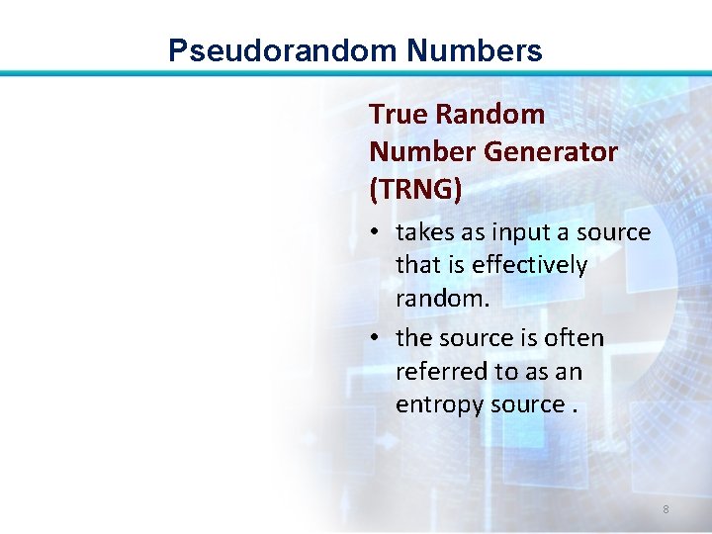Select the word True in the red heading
tap(398, 115)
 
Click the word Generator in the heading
tap(560, 152)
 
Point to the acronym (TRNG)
tap(415, 189)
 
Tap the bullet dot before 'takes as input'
tap(378, 233)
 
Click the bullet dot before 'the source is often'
tap(378, 338)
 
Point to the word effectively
tap(529, 266)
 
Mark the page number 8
tap(666, 509)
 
